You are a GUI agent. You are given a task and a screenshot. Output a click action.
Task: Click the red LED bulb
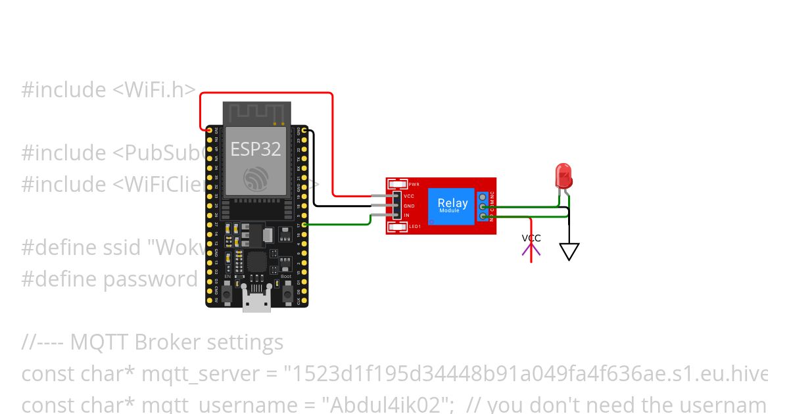click(x=564, y=175)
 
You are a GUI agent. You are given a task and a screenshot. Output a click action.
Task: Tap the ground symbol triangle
click(x=569, y=251)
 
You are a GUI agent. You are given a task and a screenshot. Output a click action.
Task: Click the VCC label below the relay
click(x=531, y=238)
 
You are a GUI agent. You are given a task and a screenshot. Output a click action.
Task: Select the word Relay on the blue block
click(x=453, y=203)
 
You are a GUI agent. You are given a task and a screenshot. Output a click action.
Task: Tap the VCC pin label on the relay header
click(x=409, y=196)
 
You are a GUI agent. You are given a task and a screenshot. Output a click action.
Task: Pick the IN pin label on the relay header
click(x=406, y=215)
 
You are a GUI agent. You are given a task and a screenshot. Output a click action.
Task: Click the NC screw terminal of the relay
click(x=484, y=196)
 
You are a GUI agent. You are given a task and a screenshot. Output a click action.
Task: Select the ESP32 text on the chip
click(x=255, y=149)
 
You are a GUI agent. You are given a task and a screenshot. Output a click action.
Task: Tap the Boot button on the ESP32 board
click(x=287, y=294)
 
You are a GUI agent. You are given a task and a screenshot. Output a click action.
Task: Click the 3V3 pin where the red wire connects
click(x=210, y=131)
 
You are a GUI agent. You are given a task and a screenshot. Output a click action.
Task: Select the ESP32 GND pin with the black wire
click(x=304, y=131)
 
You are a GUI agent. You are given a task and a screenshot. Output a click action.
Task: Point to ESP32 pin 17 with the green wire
click(x=304, y=225)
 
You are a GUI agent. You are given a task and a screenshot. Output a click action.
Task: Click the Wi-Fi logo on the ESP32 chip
click(x=255, y=178)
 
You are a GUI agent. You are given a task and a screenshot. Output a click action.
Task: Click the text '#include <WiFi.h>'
click(x=108, y=90)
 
